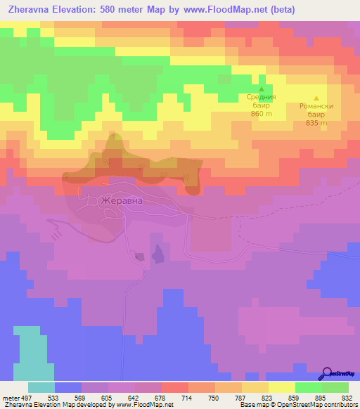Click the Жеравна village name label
click(122, 200)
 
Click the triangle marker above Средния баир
click(262, 89)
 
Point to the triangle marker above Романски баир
click(316, 98)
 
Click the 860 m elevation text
click(262, 114)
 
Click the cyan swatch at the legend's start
click(41, 387)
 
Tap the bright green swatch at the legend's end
click(335, 387)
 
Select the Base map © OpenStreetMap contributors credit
click(297, 405)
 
